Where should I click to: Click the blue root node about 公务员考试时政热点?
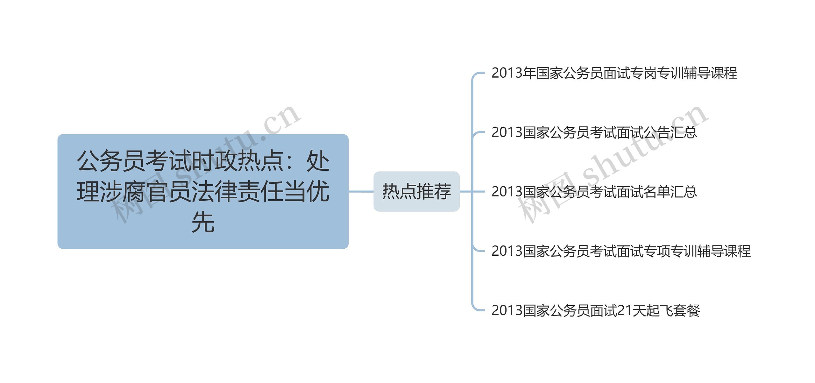(203, 191)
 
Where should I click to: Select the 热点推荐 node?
(416, 191)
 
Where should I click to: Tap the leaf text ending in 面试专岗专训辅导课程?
(614, 73)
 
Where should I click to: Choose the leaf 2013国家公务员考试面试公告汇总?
(594, 132)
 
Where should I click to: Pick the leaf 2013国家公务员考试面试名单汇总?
(594, 192)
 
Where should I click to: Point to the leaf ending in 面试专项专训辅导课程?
(621, 251)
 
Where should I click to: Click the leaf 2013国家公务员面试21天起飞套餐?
(595, 310)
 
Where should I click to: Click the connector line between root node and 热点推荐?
(361, 191)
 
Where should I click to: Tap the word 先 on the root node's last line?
(203, 222)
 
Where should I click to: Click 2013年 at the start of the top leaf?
(513, 73)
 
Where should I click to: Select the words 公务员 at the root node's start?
(111, 161)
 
